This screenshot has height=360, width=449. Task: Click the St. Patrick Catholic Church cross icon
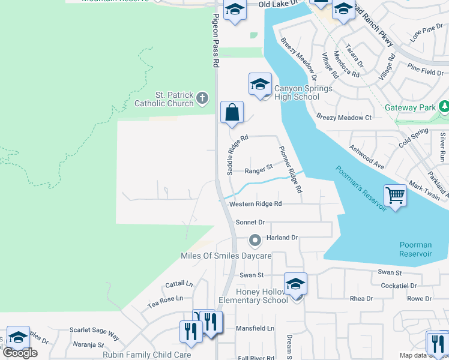[x=203, y=97]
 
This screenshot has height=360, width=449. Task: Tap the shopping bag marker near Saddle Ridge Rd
[x=232, y=112]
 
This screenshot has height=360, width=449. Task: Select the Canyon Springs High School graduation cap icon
[x=260, y=84]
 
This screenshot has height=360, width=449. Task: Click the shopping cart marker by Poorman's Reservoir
[x=395, y=194]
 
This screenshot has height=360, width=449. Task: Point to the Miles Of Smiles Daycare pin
[x=255, y=241]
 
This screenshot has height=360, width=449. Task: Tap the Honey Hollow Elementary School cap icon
[x=295, y=284]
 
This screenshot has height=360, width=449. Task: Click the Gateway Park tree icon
[x=444, y=107]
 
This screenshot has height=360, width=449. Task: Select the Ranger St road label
[x=259, y=170]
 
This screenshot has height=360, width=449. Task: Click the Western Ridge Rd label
[x=256, y=204]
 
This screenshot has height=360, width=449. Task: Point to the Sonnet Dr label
[x=250, y=222]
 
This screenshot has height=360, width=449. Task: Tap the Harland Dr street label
[x=282, y=238]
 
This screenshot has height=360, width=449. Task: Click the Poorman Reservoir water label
[x=416, y=249]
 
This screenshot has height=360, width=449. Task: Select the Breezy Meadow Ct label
[x=344, y=118]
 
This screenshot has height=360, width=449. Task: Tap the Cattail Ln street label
[x=180, y=283]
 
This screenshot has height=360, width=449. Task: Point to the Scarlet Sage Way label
[x=94, y=331]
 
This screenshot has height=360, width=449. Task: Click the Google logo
[x=20, y=353]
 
